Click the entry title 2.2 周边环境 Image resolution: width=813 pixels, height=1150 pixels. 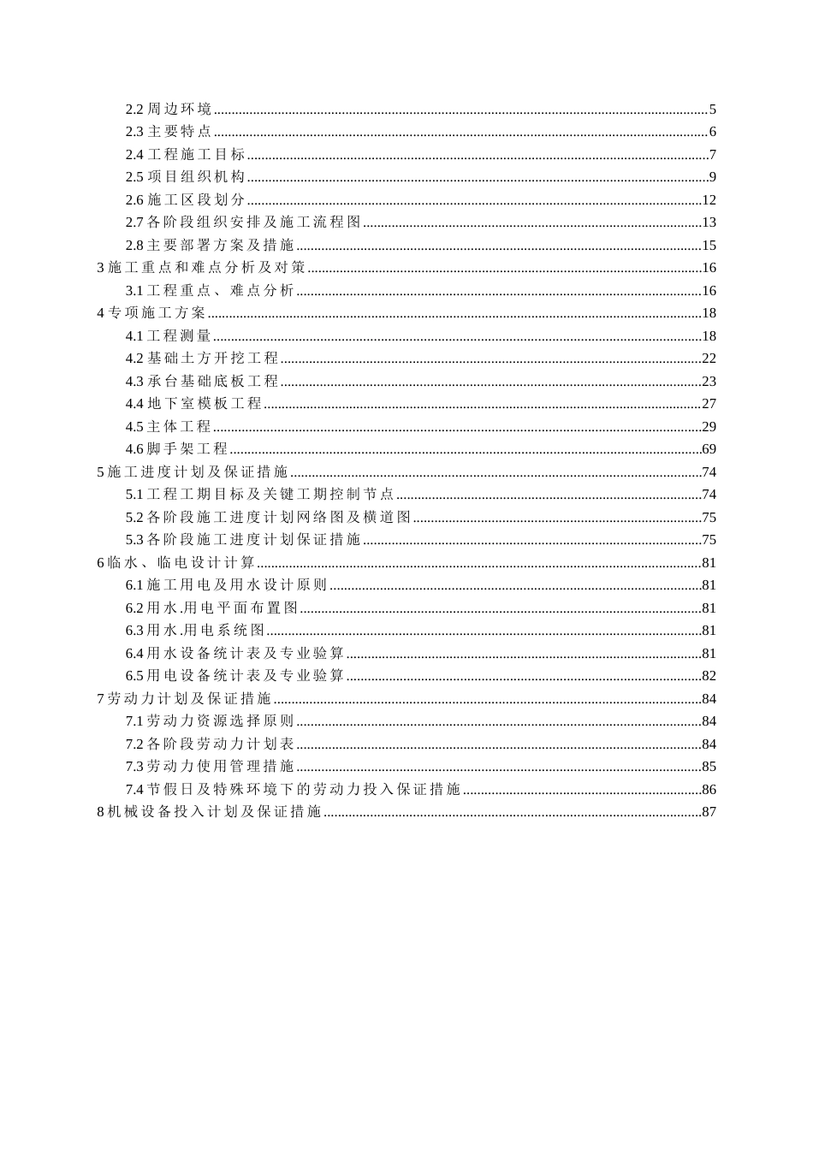point(169,110)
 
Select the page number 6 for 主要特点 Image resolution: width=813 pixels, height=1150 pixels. point(712,132)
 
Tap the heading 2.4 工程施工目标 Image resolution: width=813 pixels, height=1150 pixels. point(186,155)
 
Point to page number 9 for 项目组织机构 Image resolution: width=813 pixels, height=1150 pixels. point(712,177)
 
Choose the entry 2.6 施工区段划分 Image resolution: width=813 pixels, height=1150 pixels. point(186,200)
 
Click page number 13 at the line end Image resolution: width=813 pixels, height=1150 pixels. point(709,222)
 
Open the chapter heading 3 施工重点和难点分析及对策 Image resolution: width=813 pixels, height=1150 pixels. point(201,268)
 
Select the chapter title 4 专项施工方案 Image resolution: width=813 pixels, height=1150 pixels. point(151,313)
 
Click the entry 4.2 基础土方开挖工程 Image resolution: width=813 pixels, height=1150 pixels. point(202,359)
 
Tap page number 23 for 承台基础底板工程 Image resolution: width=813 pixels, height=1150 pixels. point(709,382)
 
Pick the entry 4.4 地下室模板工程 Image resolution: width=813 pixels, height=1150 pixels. point(194,404)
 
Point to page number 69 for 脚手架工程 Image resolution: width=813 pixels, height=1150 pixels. point(709,449)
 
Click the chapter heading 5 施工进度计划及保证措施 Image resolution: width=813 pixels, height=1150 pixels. point(193,472)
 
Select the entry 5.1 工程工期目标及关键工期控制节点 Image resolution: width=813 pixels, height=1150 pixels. point(260,495)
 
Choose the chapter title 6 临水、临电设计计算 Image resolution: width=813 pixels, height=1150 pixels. point(176,563)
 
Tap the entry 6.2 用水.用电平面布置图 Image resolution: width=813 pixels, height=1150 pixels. point(212,608)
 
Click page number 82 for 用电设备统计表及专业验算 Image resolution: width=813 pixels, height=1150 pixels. point(709,676)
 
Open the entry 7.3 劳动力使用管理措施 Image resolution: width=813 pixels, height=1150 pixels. point(210,767)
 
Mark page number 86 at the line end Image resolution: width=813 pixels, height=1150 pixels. point(709,790)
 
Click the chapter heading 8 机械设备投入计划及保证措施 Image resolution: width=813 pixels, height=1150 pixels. point(210,812)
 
